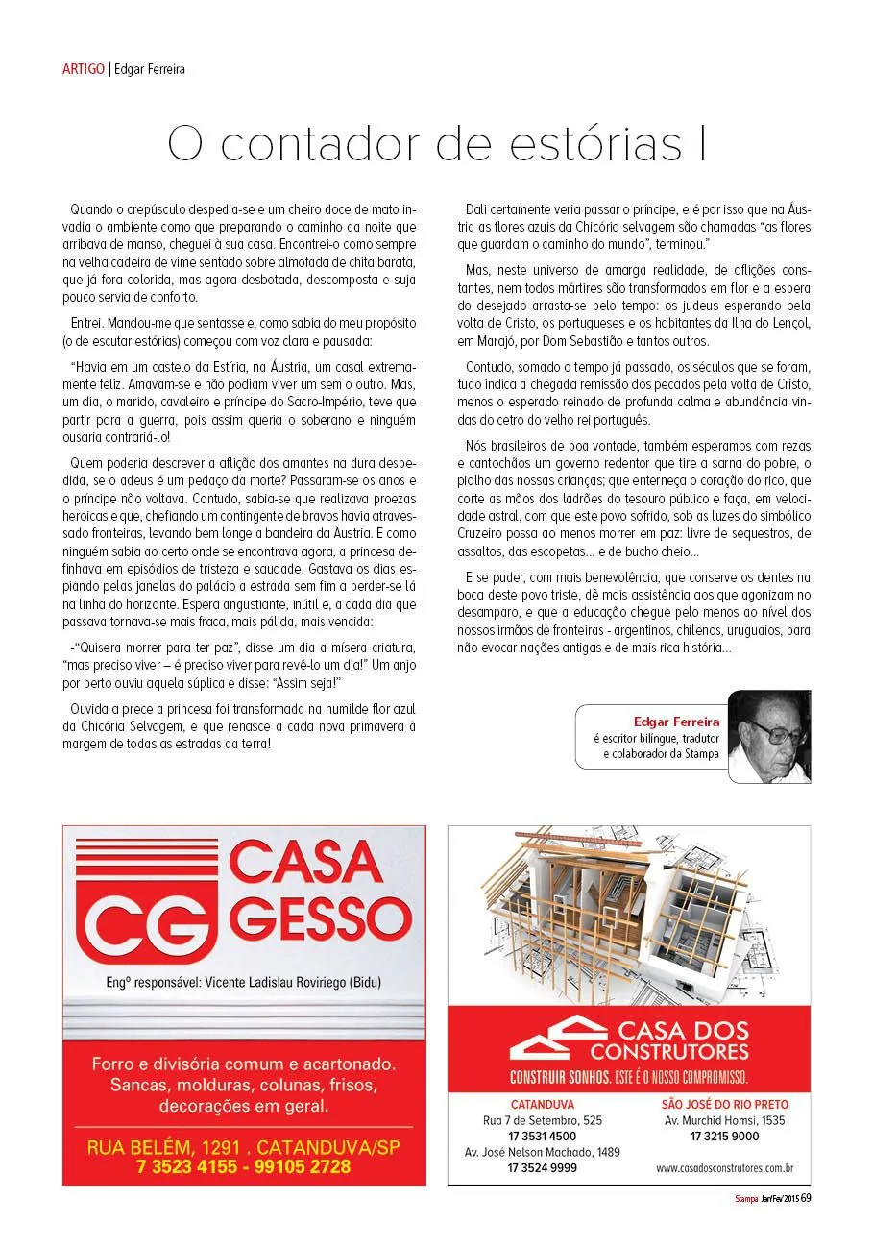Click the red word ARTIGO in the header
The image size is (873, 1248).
[x=84, y=69]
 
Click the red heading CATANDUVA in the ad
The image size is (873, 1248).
[x=543, y=1105]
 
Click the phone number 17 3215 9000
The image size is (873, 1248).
[x=724, y=1137]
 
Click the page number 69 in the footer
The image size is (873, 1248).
[x=807, y=1198]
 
